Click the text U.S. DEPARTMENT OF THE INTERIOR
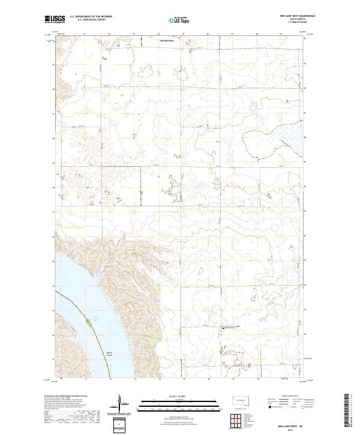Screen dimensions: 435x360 (x=91, y=16)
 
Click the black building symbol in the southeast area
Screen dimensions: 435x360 (x=224, y=328)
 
